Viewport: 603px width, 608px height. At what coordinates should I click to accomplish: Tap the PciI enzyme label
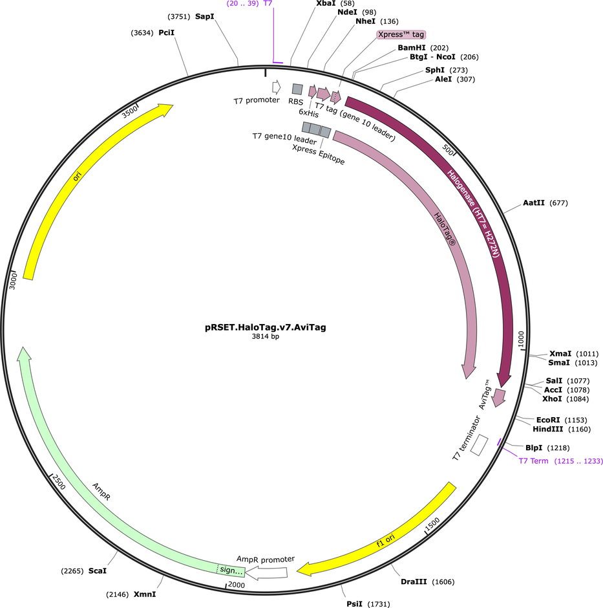[167, 32]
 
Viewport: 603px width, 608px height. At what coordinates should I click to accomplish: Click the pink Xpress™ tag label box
[401, 34]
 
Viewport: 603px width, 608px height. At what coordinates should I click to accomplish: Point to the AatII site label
[534, 203]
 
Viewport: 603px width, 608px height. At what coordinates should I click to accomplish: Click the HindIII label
[549, 429]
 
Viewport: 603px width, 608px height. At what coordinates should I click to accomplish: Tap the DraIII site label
[414, 581]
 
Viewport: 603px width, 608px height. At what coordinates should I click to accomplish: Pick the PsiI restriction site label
[357, 604]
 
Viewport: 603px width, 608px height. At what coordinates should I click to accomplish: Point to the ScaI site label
[97, 571]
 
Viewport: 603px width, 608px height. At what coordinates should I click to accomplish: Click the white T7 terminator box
[479, 445]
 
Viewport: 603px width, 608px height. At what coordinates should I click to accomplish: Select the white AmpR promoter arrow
[268, 572]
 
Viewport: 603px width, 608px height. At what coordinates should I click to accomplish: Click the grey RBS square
[297, 89]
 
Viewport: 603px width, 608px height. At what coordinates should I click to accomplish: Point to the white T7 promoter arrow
[276, 87]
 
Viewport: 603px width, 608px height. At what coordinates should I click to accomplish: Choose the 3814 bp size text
[266, 336]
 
